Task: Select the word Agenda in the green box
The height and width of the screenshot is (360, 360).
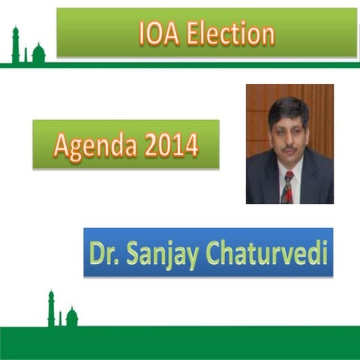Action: pyautogui.click(x=94, y=144)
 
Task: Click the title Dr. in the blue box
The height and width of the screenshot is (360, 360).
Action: pyautogui.click(x=103, y=253)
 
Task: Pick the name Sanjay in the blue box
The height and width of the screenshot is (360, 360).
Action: pyautogui.click(x=158, y=253)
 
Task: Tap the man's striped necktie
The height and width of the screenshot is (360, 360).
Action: pyautogui.click(x=287, y=188)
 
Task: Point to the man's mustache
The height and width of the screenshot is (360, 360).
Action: pyautogui.click(x=287, y=148)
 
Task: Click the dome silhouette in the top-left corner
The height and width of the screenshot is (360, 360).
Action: pyautogui.click(x=38, y=53)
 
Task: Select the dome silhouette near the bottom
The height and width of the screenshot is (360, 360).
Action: pyautogui.click(x=72, y=317)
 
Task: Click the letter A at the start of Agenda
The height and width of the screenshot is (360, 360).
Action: pyautogui.click(x=61, y=144)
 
